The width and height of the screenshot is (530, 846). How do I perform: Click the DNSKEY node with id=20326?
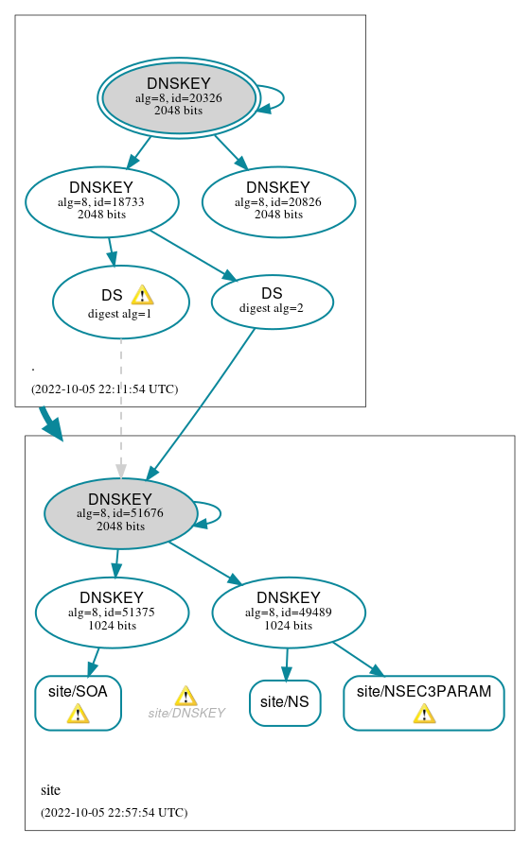(x=179, y=97)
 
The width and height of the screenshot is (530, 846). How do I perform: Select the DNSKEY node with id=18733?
(x=102, y=201)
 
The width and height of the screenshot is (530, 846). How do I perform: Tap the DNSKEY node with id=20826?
(x=278, y=201)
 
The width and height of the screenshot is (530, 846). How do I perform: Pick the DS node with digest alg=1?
(x=120, y=302)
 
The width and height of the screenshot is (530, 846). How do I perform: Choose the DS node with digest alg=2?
(x=272, y=301)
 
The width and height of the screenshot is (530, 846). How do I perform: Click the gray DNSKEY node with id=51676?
(x=120, y=513)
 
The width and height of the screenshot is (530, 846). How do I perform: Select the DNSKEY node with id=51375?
(x=112, y=613)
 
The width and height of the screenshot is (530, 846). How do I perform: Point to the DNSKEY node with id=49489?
(x=289, y=613)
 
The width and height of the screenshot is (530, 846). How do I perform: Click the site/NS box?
(x=285, y=702)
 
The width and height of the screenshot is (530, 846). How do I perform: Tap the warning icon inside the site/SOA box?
(x=78, y=714)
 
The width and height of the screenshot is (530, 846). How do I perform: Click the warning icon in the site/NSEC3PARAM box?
(x=424, y=714)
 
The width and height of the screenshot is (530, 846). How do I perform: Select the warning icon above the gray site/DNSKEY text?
(x=185, y=696)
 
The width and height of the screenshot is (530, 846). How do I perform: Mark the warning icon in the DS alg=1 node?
(x=142, y=295)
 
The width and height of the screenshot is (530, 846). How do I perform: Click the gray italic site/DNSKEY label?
(x=186, y=713)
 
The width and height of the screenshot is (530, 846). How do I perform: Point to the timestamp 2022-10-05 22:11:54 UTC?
(x=104, y=388)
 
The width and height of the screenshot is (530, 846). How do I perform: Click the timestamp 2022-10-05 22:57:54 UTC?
(x=114, y=812)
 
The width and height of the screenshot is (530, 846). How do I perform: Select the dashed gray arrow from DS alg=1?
(x=120, y=406)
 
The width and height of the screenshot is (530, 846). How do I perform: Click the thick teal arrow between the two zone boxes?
(x=50, y=423)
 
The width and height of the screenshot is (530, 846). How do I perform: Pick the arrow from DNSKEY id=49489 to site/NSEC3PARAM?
(x=358, y=659)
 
